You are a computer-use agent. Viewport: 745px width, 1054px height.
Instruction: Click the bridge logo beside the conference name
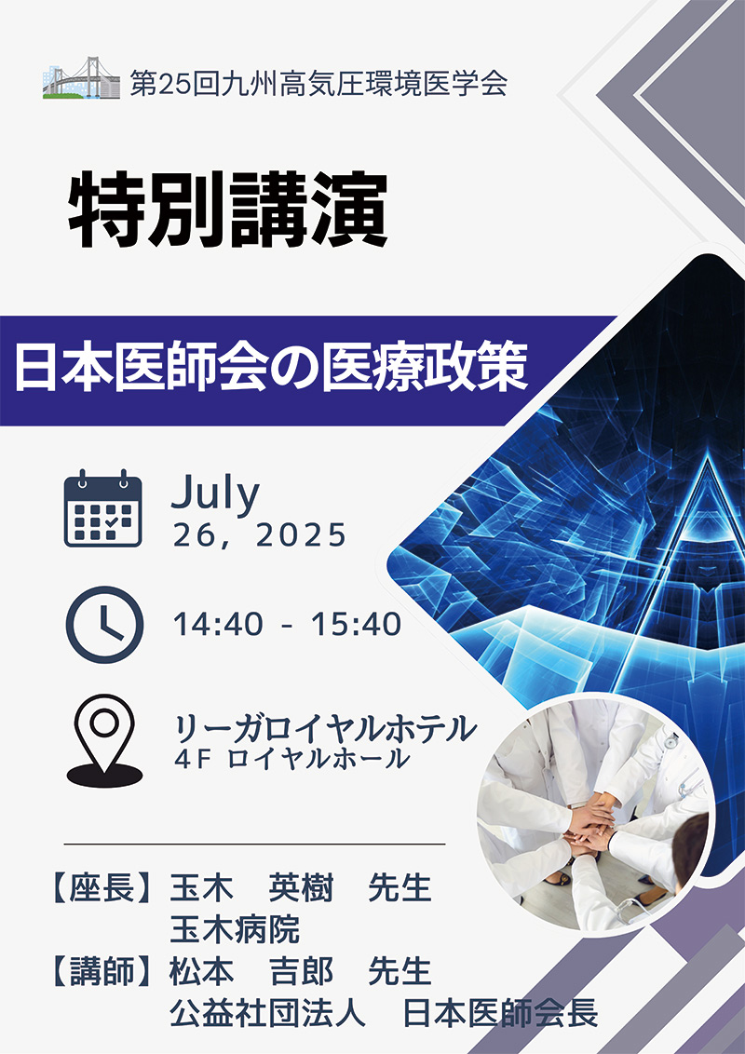[81, 78]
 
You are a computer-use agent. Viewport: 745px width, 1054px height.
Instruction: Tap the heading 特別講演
[228, 210]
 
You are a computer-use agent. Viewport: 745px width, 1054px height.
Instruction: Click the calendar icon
[102, 508]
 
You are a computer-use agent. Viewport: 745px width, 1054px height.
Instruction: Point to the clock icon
[104, 625]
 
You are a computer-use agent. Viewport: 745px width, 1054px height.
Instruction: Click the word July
[215, 494]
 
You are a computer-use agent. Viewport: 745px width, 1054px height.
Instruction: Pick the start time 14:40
[218, 625]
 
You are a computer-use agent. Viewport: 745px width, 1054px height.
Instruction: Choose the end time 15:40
[357, 625]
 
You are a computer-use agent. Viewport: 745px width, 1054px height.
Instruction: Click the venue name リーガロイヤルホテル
[325, 729]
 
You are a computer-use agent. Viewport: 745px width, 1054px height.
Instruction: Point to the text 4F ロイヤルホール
[291, 759]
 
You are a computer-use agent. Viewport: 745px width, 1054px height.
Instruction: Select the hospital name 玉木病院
[235, 929]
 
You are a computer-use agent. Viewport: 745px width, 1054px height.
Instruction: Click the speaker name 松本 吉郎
[251, 972]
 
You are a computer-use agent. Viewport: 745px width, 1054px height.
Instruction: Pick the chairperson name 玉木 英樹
[251, 888]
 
